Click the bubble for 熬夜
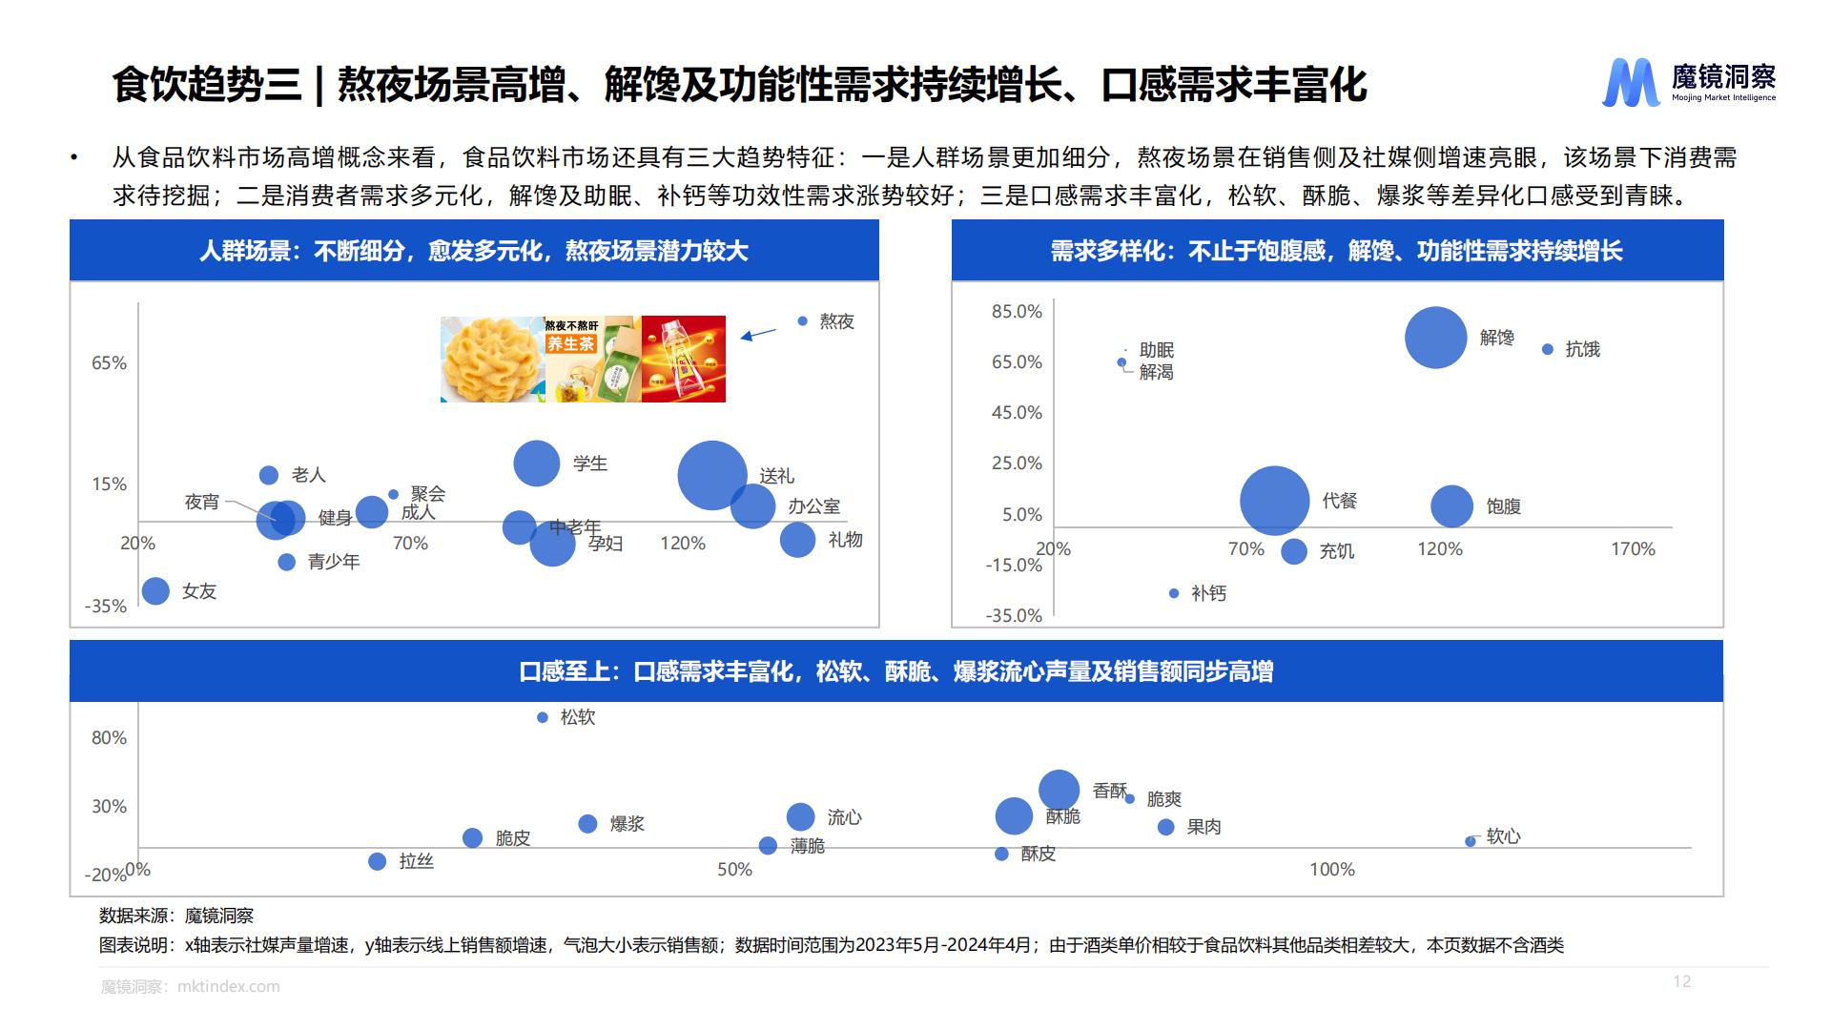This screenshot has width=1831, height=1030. (x=802, y=321)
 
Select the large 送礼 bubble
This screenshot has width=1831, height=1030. (x=711, y=475)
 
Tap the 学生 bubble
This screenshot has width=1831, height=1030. (x=536, y=463)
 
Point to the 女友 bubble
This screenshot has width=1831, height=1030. (x=155, y=591)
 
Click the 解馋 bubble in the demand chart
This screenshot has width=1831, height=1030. (x=1435, y=338)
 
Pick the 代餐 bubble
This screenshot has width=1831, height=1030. (x=1274, y=501)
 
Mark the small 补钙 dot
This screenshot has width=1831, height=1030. (x=1174, y=593)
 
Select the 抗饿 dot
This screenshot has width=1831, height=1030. (x=1548, y=349)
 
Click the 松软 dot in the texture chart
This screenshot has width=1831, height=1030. (x=543, y=717)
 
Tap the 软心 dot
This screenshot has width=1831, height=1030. (x=1471, y=841)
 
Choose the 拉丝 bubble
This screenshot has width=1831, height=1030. (x=377, y=861)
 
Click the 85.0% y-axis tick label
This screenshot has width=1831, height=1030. (x=1017, y=312)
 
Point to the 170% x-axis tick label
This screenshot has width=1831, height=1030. (x=1633, y=549)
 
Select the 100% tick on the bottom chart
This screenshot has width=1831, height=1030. (x=1331, y=870)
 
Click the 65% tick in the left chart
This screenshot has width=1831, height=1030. (x=109, y=363)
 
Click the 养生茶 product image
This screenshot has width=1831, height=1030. (x=592, y=360)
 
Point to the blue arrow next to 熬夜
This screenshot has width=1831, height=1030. (x=759, y=334)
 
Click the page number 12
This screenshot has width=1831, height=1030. (x=1681, y=981)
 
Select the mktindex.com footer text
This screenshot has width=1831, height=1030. (x=228, y=986)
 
